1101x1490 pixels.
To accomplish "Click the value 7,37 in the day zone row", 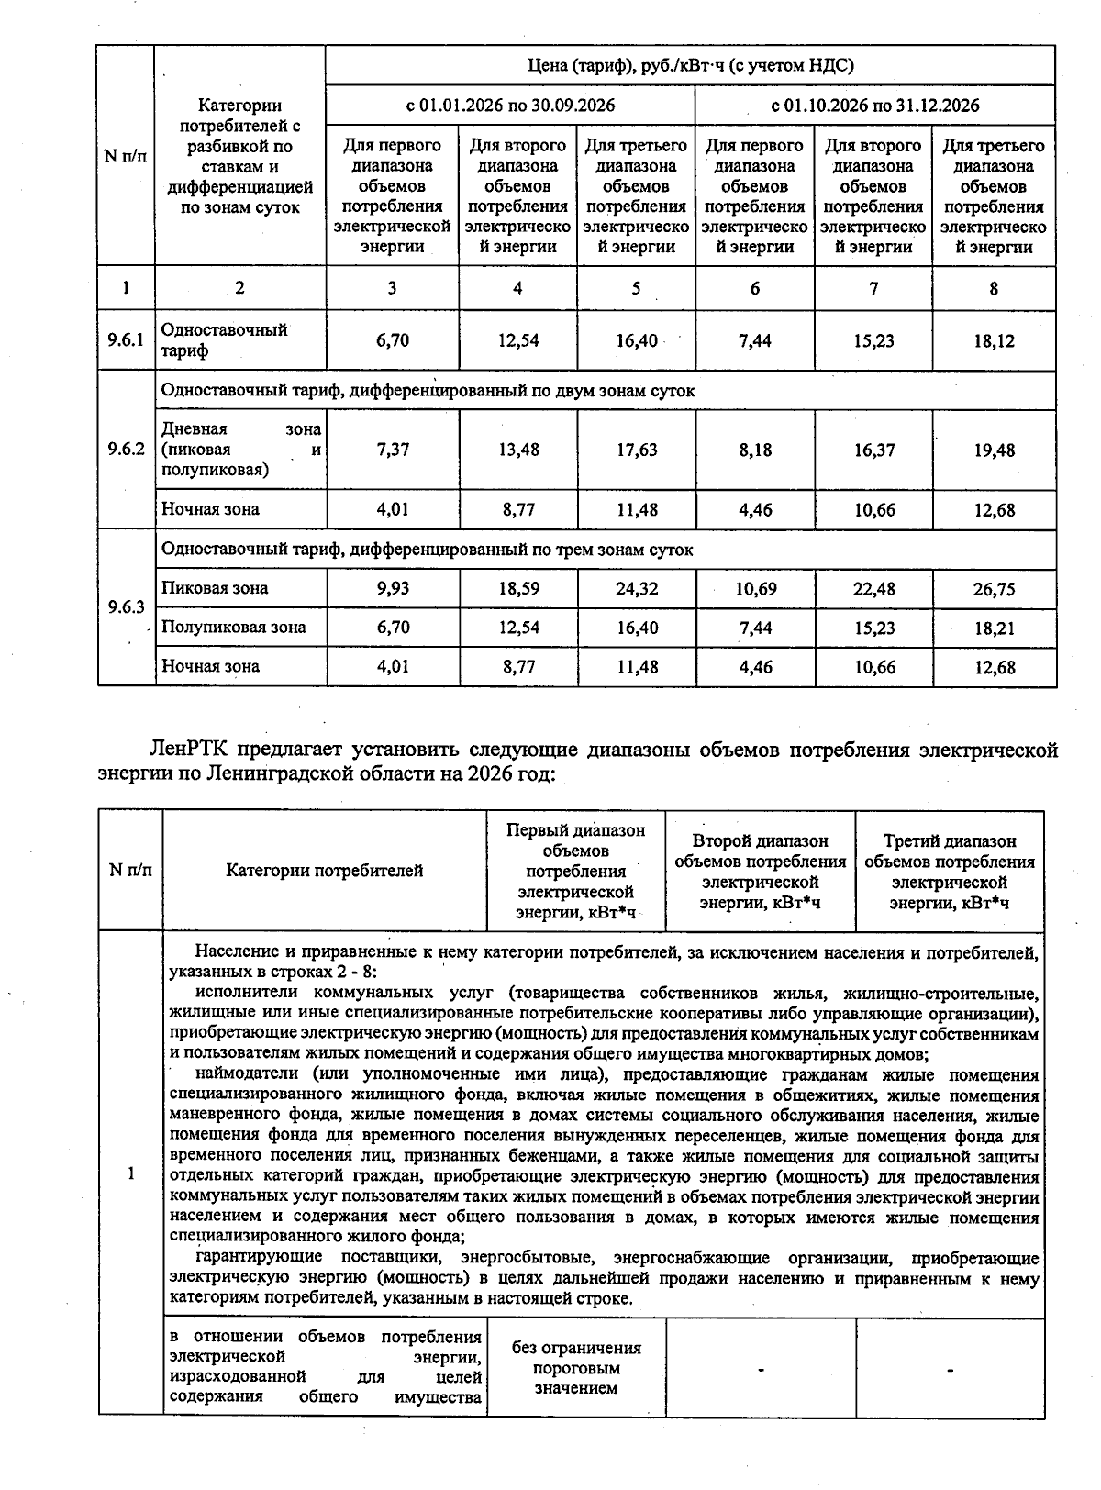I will coord(393,450).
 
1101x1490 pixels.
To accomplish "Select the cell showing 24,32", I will coord(636,588).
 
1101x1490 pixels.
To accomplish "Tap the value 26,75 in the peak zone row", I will coord(994,589).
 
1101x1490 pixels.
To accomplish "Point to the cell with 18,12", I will coord(994,341).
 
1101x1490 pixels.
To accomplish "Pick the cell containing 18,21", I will coord(994,628).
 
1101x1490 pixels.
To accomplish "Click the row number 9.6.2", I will coord(126,450).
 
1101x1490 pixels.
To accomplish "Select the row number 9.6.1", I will coord(126,340).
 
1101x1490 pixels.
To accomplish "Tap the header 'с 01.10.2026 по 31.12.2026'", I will coord(874,105).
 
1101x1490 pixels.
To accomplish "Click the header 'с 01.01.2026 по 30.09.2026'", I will coord(510,105).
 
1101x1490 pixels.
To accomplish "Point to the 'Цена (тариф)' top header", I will coord(690,65).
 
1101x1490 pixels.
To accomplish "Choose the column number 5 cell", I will coord(636,288).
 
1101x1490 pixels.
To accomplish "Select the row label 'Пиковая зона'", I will coord(215,588).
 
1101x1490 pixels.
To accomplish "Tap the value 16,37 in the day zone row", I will coord(873,450).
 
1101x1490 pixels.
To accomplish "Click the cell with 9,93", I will coord(393,588).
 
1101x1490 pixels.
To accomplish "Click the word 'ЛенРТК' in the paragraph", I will coord(188,750).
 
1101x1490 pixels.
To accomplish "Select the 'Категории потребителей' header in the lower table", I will coord(324,871).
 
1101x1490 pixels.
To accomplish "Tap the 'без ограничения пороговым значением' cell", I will coord(576,1367).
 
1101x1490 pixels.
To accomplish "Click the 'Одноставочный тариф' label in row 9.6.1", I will coord(224,340).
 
